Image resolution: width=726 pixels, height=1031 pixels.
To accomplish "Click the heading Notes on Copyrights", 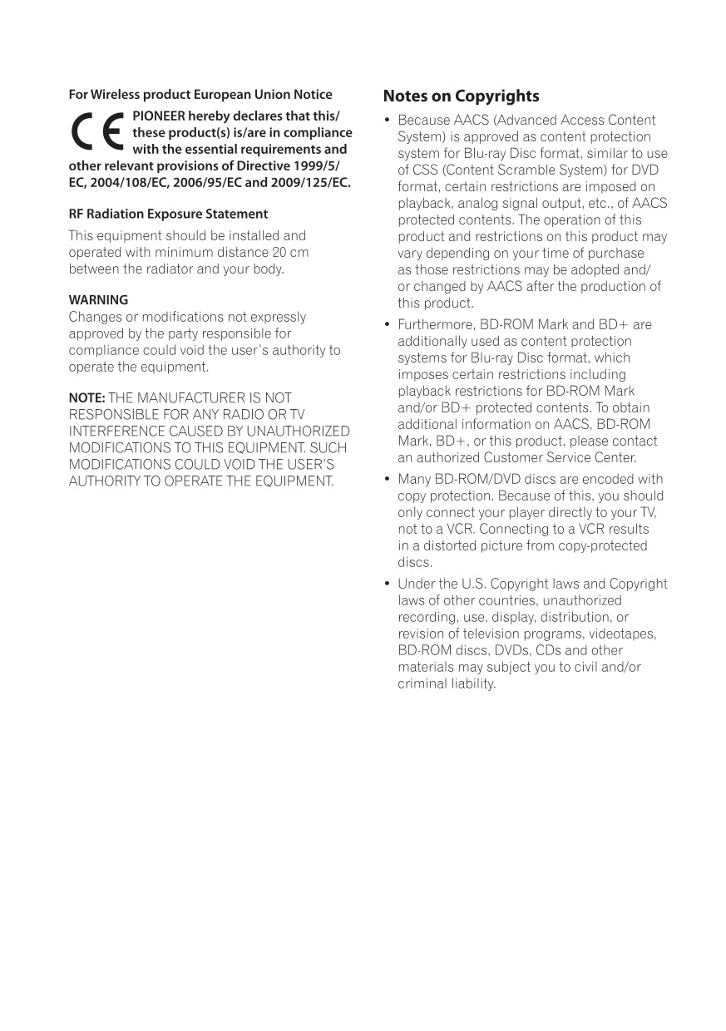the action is point(461,96).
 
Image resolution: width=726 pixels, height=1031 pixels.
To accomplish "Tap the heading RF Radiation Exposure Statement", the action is point(168,214).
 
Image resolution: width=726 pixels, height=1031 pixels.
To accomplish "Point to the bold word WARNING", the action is point(98,299).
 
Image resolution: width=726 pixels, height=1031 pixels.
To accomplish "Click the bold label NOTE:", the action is point(86,398).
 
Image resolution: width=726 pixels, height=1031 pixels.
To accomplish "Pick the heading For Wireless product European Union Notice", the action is point(200,95).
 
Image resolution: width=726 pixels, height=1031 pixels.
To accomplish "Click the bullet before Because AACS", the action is point(387,121).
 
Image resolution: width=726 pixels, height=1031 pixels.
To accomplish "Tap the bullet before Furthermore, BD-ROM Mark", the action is point(387,325).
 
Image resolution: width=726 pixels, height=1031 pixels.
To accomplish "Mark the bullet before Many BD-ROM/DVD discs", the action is point(387,480).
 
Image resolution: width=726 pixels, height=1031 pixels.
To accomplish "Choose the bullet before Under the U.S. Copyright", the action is point(387,585).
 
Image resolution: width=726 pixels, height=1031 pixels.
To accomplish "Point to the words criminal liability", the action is point(447,684).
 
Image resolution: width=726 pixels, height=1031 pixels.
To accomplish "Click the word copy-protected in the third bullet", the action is point(608,546).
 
